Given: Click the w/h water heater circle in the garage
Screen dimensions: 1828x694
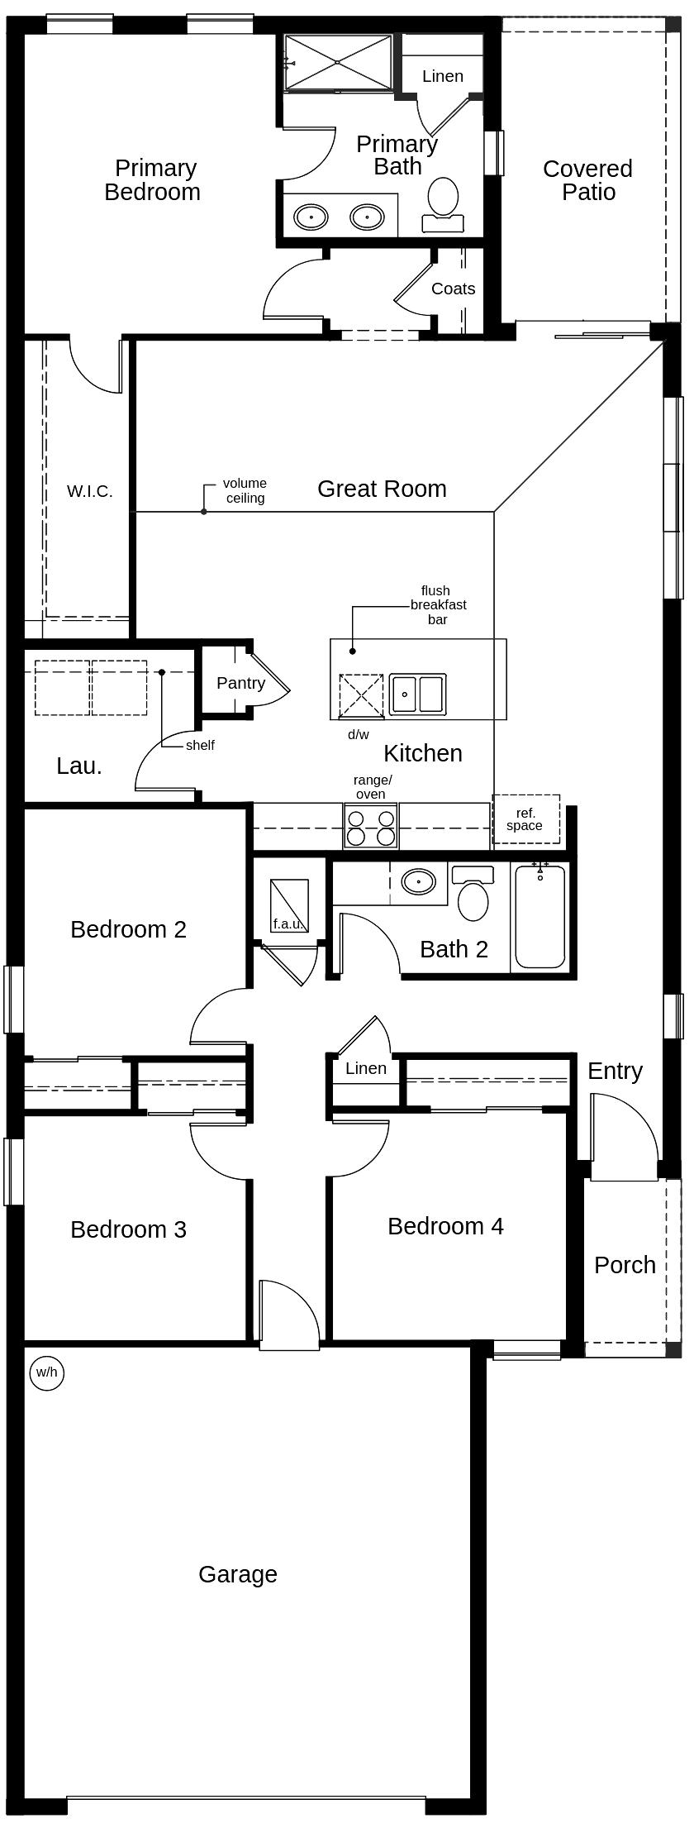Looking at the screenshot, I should click(46, 1372).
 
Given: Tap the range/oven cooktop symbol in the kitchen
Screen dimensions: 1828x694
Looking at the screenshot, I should click(371, 826).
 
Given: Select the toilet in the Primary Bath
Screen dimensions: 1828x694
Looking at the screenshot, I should click(444, 202).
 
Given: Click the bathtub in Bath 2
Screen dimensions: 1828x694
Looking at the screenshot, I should click(540, 915).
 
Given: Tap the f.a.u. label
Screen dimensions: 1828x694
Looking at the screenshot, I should click(288, 924).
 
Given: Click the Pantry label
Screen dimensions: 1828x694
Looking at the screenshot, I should click(240, 683).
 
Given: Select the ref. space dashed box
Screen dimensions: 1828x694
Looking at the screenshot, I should click(526, 819).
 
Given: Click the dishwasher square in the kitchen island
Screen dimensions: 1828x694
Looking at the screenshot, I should click(361, 696).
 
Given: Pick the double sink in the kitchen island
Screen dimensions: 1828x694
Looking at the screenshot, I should click(418, 694).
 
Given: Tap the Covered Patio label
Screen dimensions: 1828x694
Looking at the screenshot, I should click(587, 180).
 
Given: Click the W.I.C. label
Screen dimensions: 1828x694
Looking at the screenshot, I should click(89, 491).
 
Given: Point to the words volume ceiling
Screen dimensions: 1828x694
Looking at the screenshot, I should click(245, 490).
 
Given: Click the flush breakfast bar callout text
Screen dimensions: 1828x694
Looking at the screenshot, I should click(437, 604).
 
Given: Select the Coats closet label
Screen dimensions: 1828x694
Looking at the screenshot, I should click(453, 289).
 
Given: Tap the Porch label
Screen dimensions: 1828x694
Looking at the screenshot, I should click(625, 1265).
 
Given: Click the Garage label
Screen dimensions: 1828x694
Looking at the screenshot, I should click(237, 1574).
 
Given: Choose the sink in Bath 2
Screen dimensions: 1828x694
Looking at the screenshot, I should click(418, 881).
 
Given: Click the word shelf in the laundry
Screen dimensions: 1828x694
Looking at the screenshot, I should click(200, 745).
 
